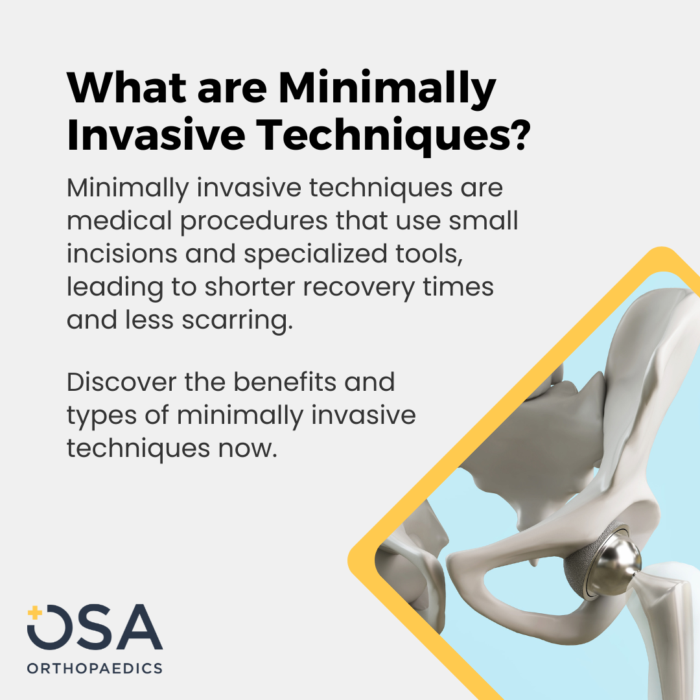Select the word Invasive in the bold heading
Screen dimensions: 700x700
[156, 135]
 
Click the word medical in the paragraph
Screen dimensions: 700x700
[119, 220]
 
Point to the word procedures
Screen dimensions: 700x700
[254, 222]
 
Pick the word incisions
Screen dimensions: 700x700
[122, 253]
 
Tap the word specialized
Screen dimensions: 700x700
[316, 255]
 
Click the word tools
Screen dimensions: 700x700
[429, 254]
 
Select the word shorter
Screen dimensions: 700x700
[250, 286]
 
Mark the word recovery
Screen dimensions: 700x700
[359, 288]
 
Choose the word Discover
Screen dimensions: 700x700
[121, 382]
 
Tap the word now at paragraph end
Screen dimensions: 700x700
[248, 449]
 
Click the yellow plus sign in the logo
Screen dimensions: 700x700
[34, 612]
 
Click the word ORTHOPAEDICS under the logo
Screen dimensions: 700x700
[95, 668]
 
